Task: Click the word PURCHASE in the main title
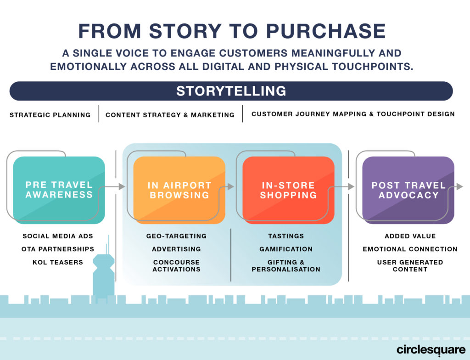point(326,31)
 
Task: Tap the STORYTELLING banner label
point(231,91)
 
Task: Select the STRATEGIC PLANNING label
point(50,115)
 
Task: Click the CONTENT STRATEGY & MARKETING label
point(170,115)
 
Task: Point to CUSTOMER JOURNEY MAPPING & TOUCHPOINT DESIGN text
point(353,114)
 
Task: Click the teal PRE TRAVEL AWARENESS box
point(59,190)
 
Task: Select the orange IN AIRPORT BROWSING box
point(179,190)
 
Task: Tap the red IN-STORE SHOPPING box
point(288,190)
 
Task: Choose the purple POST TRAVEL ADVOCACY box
point(408,190)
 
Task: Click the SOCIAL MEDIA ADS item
point(58,236)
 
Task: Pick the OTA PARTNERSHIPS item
point(58,249)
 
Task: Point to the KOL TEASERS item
point(58,262)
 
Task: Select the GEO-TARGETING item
point(176,236)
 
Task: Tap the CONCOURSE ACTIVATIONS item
point(176,266)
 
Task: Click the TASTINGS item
point(286,236)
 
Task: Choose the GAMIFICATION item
point(286,249)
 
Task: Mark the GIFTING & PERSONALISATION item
point(286,266)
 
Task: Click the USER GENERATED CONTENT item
point(410,266)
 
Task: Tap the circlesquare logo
point(431,350)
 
